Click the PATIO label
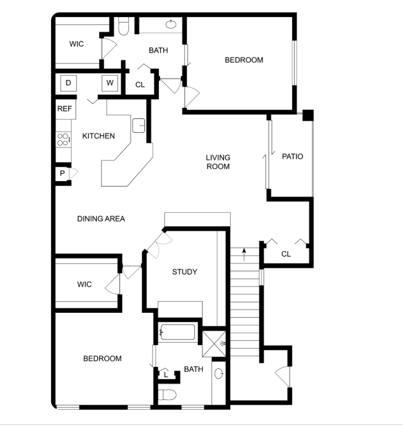click(292, 157)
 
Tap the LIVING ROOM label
click(218, 162)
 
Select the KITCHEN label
click(99, 136)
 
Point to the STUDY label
click(184, 272)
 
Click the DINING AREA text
click(101, 219)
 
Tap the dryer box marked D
click(68, 83)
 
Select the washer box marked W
click(110, 83)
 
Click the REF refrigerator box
click(66, 109)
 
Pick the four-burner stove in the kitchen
click(63, 140)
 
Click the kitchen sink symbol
click(138, 126)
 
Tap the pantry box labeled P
click(63, 173)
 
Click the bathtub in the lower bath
click(178, 332)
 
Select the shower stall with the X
click(214, 344)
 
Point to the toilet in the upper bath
click(124, 26)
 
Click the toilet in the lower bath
click(167, 394)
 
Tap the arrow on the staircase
click(244, 254)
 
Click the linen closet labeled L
click(166, 375)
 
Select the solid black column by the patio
click(308, 115)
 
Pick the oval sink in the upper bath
click(171, 24)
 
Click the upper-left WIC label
click(77, 44)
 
